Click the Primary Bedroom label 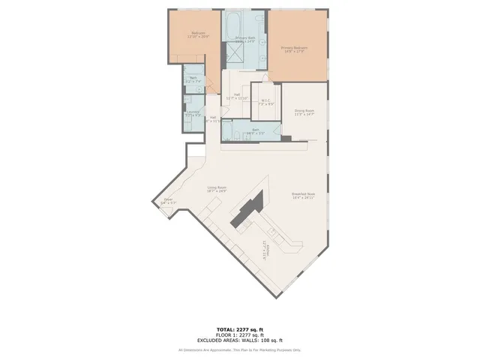(x=294, y=47)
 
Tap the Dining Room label (x=304, y=111)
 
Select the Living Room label (x=217, y=187)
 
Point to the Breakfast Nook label (x=303, y=193)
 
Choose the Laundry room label (x=192, y=112)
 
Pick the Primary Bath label (x=245, y=37)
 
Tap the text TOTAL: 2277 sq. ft (x=239, y=329)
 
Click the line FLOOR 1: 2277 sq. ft (x=239, y=334)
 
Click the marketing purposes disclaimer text (x=239, y=349)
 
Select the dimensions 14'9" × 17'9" (x=294, y=51)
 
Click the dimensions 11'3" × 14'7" (x=304, y=115)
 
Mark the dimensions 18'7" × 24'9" (x=217, y=191)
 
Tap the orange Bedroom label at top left (x=199, y=33)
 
